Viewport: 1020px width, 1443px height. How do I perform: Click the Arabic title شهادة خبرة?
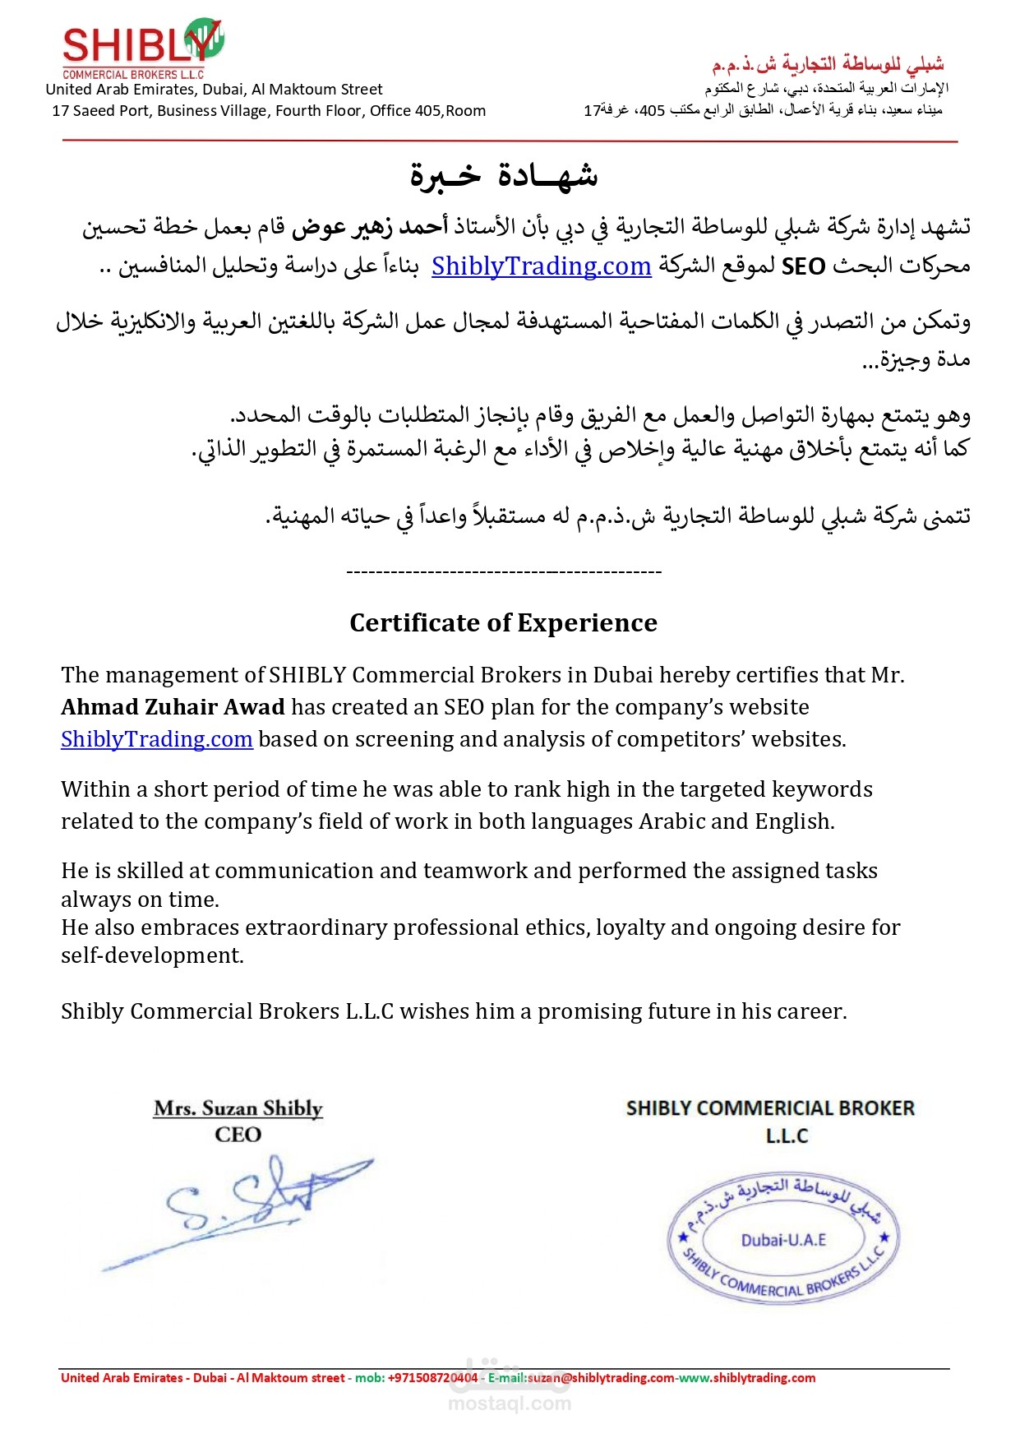pyautogui.click(x=504, y=175)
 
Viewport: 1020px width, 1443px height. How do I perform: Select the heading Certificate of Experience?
pyautogui.click(x=503, y=623)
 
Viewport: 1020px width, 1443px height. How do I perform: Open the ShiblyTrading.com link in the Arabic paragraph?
pyautogui.click(x=541, y=266)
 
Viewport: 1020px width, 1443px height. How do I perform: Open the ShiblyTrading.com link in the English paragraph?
pyautogui.click(x=156, y=739)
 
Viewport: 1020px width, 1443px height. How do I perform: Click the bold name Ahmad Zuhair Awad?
pyautogui.click(x=173, y=707)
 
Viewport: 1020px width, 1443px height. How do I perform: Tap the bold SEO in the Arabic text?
pyautogui.click(x=803, y=266)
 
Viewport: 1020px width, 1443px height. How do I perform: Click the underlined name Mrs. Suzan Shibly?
pyautogui.click(x=238, y=1108)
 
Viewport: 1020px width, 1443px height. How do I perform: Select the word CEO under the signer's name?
pyautogui.click(x=238, y=1135)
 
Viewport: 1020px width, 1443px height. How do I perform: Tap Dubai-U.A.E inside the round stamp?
pyautogui.click(x=783, y=1240)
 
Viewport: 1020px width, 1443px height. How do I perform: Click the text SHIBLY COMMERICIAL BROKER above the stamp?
pyautogui.click(x=770, y=1108)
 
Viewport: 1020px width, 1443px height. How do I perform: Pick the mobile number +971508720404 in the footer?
pyautogui.click(x=432, y=1378)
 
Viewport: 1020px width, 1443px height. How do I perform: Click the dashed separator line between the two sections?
pyautogui.click(x=504, y=571)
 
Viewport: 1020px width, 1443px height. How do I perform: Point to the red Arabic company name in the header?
pyautogui.click(x=828, y=64)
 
